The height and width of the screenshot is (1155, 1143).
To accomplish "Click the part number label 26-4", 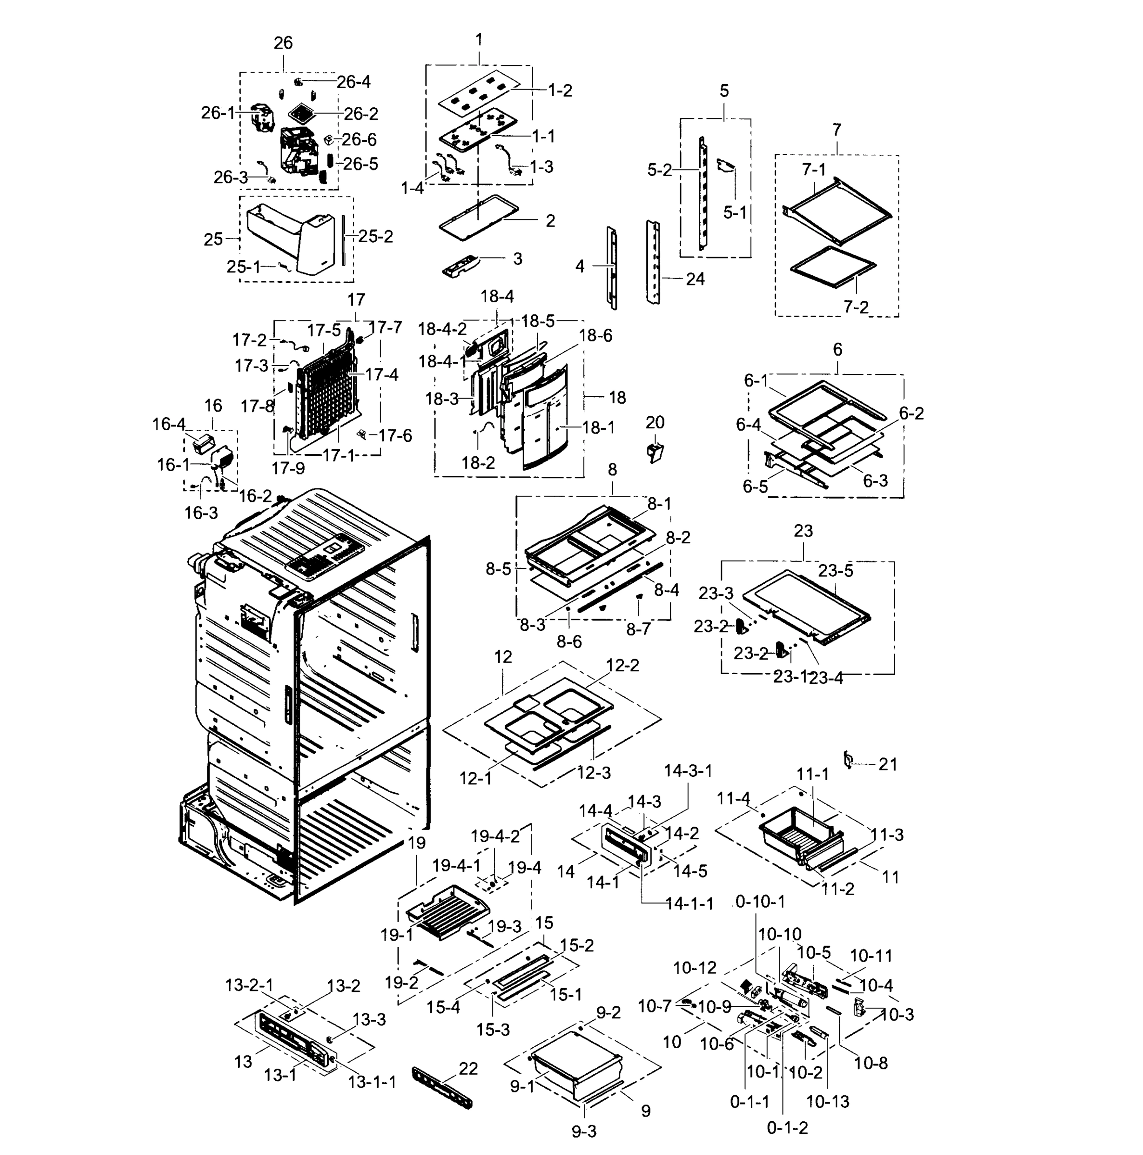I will pyautogui.click(x=353, y=82).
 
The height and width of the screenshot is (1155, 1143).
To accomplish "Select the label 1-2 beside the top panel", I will pyautogui.click(x=560, y=91).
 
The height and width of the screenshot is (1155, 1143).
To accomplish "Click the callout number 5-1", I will pyautogui.click(x=735, y=212).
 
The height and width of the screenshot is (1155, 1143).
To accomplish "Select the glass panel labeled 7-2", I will pyautogui.click(x=833, y=266).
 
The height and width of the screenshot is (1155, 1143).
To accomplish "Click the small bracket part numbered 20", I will pyautogui.click(x=655, y=452).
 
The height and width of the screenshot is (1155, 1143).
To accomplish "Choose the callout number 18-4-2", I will pyautogui.click(x=442, y=329).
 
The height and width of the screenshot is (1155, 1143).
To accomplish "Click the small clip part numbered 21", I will pyautogui.click(x=847, y=760).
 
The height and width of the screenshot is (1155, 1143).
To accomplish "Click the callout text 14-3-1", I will pyautogui.click(x=688, y=770).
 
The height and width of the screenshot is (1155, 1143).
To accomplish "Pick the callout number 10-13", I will pyautogui.click(x=827, y=1101).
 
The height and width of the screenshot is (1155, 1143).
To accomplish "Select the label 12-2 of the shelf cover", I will pyautogui.click(x=622, y=666).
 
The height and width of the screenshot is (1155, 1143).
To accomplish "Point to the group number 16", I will pyautogui.click(x=213, y=405).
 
